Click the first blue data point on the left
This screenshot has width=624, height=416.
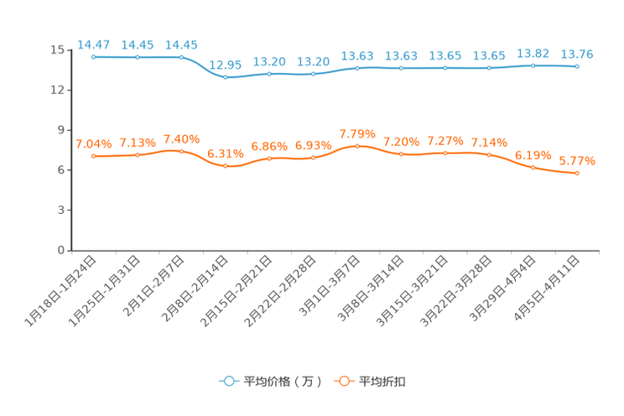click(x=93, y=57)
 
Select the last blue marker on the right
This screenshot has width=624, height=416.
click(x=577, y=66)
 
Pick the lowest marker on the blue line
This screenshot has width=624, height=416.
click(x=225, y=77)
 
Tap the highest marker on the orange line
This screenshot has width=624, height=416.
click(x=357, y=145)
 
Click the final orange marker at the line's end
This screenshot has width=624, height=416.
click(x=577, y=173)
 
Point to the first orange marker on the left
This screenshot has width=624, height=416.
click(x=93, y=156)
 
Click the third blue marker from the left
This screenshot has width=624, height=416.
click(x=181, y=57)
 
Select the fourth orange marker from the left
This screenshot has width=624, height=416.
click(x=225, y=166)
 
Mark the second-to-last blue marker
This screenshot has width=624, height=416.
click(x=533, y=65)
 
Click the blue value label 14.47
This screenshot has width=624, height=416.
click(x=92, y=44)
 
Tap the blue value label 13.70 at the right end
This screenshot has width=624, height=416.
click(x=577, y=55)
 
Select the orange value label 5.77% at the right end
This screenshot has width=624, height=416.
click(x=577, y=160)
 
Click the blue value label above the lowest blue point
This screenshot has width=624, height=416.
click(x=225, y=65)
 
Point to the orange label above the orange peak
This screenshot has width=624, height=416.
click(x=357, y=133)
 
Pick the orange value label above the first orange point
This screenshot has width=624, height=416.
click(x=92, y=143)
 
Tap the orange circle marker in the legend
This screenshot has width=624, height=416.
click(x=342, y=382)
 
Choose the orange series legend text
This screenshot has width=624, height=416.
click(x=383, y=382)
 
